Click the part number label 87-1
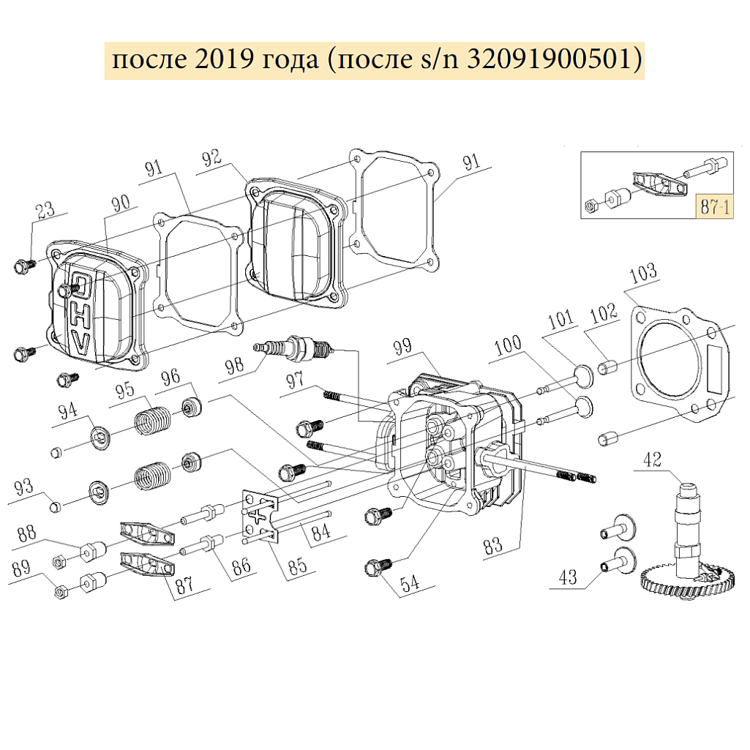tap(712, 206)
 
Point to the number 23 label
tap(46, 211)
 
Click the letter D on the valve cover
tap(82, 285)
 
